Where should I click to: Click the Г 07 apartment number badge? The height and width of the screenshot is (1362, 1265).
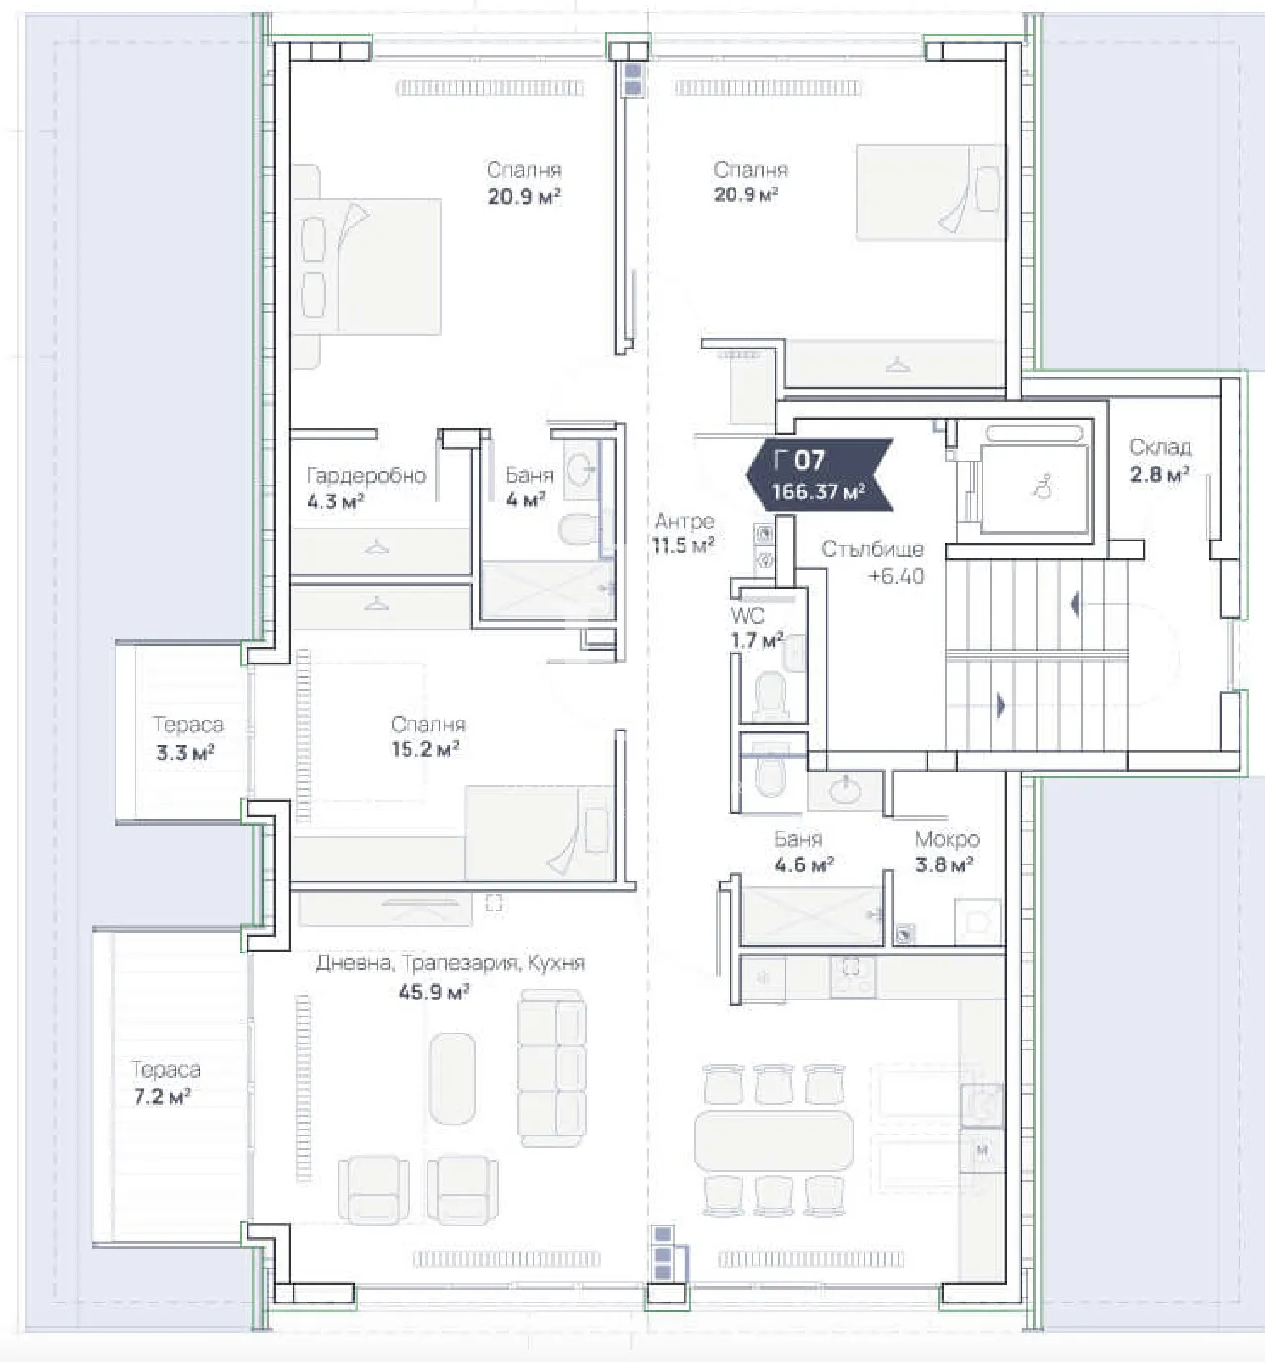pos(799,460)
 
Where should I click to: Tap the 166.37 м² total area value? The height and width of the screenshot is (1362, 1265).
pos(819,492)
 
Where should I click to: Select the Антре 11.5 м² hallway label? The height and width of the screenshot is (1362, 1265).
pos(683,532)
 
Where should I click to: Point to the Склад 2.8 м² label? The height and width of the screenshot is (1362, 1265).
pos(1159,460)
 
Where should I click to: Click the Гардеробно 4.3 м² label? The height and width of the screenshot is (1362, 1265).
pos(365,488)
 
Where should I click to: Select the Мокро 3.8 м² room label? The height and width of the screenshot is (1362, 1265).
pos(947,852)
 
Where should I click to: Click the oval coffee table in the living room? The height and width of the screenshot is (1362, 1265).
pos(452,1078)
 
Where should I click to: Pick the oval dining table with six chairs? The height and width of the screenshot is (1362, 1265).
pos(773,1140)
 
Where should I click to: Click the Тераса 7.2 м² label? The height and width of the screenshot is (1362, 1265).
pos(165,1082)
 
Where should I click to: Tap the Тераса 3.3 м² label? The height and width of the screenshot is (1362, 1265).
pos(186,738)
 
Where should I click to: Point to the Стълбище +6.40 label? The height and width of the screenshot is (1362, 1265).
pos(873,562)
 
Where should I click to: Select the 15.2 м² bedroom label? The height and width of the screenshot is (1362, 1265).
pos(426,737)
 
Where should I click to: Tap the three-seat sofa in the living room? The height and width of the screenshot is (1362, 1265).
pos(551,1071)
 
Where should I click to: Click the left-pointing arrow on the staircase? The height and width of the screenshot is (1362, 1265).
pos(1075,604)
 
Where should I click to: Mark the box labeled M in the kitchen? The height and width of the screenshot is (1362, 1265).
pos(982,1151)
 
